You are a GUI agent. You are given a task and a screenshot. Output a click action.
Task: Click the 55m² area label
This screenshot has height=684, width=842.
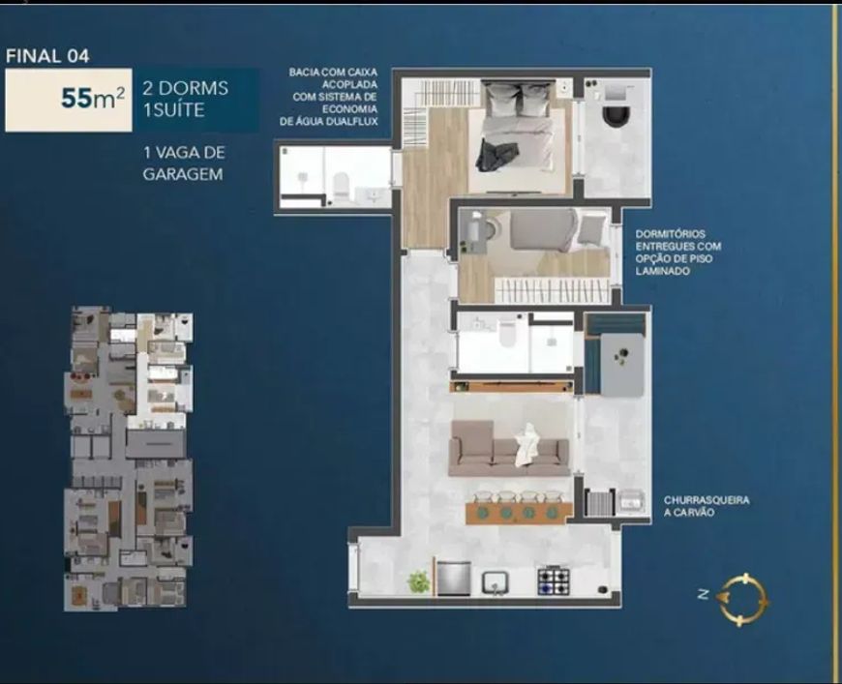92,99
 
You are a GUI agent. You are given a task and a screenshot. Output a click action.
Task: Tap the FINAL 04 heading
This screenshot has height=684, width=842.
47,56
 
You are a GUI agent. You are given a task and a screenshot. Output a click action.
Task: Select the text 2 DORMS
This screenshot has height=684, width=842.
186,88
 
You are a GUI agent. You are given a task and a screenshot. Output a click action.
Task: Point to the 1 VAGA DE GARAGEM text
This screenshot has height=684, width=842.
184,164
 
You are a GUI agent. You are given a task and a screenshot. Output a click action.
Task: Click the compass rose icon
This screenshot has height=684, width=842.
744,600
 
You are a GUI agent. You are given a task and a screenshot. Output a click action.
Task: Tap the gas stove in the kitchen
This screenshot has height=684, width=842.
554,580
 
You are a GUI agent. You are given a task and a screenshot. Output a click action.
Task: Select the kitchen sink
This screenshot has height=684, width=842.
495,582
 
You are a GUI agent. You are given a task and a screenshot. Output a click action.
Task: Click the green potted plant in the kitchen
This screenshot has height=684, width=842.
418,582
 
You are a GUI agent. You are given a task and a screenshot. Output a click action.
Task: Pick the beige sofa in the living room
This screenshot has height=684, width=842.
509,448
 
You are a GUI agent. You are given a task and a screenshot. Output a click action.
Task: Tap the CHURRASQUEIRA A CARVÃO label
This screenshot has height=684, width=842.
707,506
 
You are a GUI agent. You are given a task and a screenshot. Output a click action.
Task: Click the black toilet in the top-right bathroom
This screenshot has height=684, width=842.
616,114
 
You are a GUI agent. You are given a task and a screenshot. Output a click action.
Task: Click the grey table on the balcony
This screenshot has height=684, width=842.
622,365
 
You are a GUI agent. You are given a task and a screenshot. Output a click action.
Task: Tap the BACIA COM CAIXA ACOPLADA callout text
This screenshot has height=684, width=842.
329,97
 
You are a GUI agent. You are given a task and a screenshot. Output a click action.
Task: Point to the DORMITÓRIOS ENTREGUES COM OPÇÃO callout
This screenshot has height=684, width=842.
678,253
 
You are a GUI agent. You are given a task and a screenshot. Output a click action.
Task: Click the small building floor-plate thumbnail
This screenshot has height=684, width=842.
129,459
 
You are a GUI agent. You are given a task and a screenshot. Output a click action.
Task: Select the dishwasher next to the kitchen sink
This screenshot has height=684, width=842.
454,579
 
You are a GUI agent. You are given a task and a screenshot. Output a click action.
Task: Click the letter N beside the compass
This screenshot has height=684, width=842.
704,594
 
